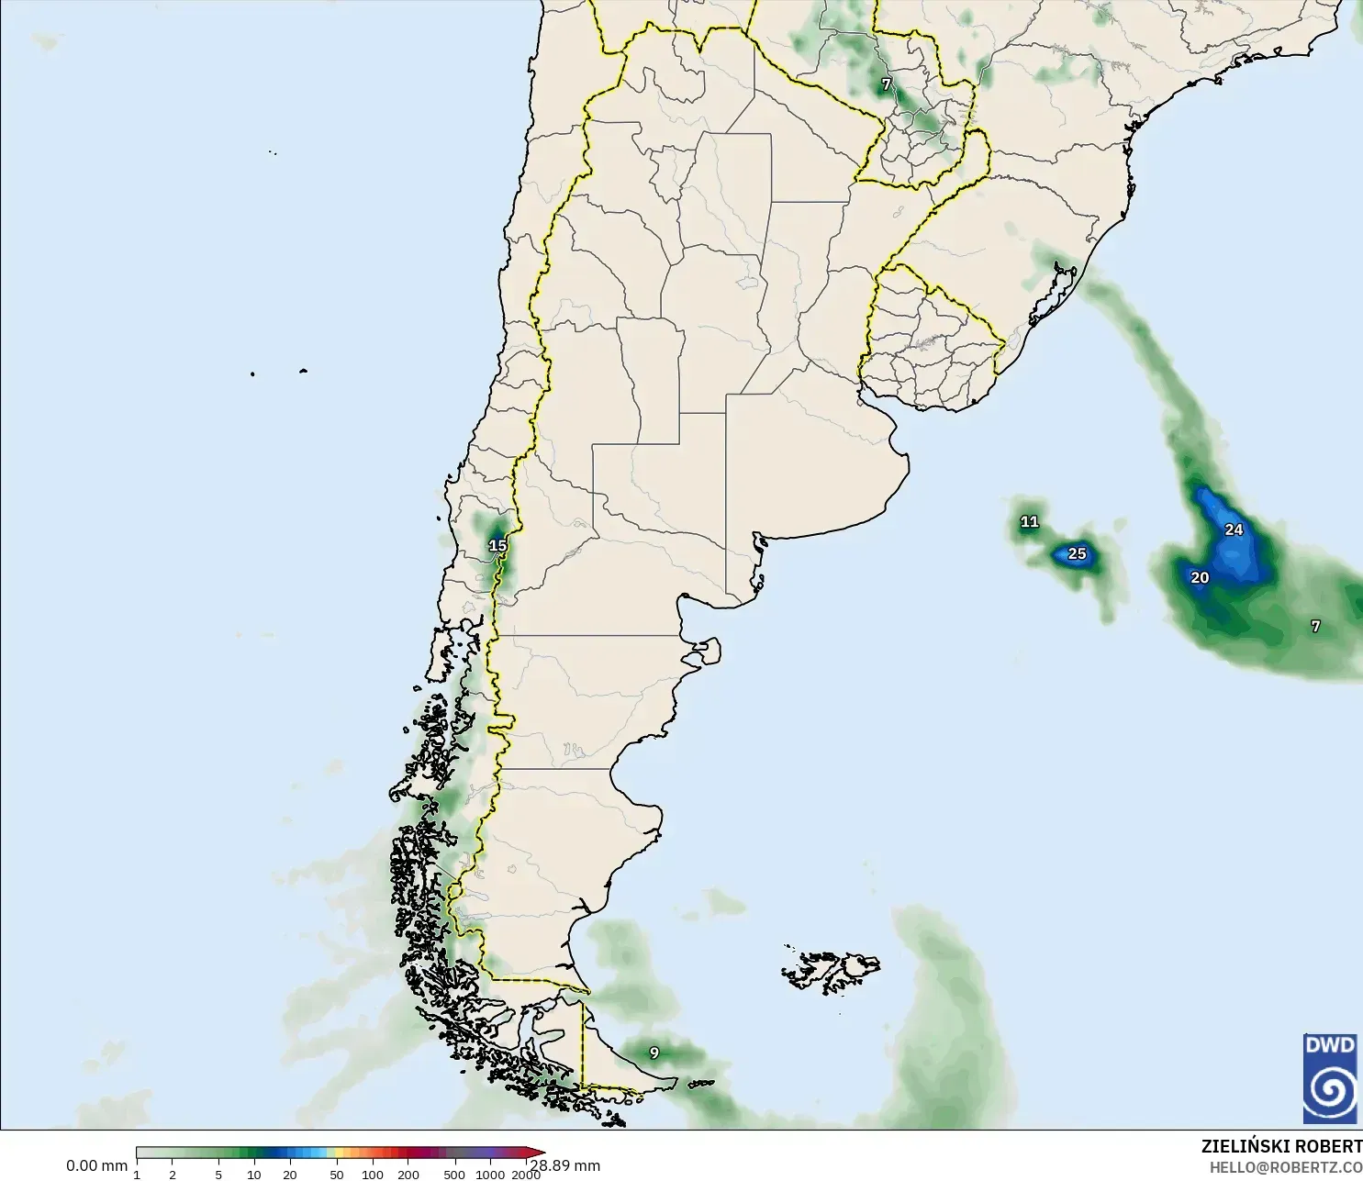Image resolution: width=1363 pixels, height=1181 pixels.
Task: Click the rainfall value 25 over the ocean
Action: point(1077,553)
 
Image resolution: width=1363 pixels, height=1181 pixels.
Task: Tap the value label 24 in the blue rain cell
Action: point(1234,529)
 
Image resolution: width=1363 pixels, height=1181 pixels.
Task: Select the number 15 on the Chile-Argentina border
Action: point(497,545)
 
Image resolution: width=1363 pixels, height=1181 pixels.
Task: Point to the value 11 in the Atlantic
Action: point(1029,521)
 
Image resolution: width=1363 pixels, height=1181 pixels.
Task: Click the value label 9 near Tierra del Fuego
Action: point(654,1053)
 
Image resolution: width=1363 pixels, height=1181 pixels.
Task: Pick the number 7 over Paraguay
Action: point(886,84)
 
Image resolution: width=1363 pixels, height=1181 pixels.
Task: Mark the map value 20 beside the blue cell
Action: point(1200,577)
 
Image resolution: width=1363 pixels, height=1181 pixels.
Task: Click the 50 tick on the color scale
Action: point(337,1174)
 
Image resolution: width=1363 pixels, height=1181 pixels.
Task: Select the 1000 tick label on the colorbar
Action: point(489,1174)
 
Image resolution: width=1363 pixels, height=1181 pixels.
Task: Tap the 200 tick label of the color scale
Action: point(408,1174)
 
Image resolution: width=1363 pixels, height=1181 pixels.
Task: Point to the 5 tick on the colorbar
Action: point(218,1174)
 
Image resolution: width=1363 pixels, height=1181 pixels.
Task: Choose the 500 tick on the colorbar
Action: point(454,1174)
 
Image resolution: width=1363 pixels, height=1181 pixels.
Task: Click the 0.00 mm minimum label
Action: point(96,1165)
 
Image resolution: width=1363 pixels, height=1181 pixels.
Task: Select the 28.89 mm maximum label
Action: point(566,1165)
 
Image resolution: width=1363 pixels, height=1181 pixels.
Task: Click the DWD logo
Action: point(1329,1078)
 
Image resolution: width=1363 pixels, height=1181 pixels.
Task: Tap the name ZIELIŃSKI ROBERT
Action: point(1281,1146)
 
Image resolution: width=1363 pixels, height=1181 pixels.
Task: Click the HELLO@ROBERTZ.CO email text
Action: point(1285,1167)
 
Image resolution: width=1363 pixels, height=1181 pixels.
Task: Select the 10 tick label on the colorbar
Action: point(254,1174)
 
